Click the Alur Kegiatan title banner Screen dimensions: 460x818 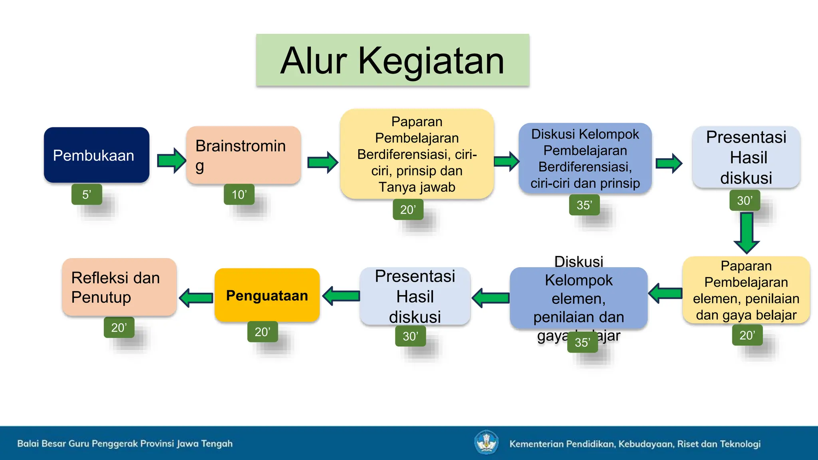point(393,60)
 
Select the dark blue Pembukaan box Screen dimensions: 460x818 point(96,155)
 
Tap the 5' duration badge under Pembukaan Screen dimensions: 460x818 point(87,194)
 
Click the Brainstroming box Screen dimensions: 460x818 point(243,155)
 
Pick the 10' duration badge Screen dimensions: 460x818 point(239,194)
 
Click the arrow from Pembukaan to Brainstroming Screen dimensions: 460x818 point(171,161)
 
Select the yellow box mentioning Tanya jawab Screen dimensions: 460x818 point(417,154)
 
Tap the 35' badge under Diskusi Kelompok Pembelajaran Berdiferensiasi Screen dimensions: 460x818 point(584,205)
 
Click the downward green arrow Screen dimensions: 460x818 point(746,232)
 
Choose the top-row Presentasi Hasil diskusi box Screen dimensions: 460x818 point(746,157)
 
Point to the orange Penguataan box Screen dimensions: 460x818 point(267,295)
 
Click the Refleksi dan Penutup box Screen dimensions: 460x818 point(119,287)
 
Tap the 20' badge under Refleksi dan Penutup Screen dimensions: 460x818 point(119,327)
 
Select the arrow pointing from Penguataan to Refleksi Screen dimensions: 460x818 point(196,297)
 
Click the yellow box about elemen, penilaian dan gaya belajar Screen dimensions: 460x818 point(746,290)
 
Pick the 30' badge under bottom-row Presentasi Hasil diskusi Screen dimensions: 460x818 point(410,336)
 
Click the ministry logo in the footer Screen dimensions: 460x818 point(486,442)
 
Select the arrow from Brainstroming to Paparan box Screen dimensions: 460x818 point(322,163)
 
